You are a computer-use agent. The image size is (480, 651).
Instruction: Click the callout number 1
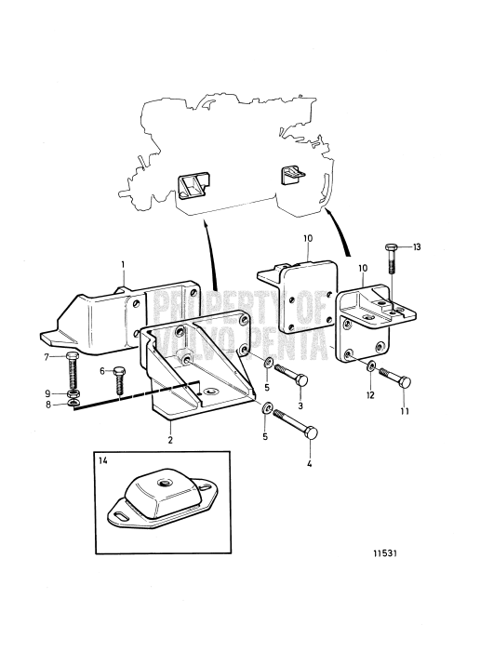click(123, 264)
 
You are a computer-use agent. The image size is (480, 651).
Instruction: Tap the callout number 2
click(170, 440)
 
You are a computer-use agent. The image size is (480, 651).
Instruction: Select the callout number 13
click(417, 247)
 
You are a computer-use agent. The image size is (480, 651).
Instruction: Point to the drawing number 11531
click(385, 553)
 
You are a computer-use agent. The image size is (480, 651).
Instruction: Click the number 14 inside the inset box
click(103, 461)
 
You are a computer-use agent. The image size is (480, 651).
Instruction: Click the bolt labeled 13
click(392, 259)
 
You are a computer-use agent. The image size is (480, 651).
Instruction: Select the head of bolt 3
click(301, 380)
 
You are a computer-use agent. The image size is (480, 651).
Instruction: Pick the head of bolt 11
click(404, 382)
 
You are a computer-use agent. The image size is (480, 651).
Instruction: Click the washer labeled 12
click(371, 366)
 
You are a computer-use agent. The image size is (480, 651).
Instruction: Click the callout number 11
click(405, 411)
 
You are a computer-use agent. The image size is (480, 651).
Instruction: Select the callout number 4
click(309, 463)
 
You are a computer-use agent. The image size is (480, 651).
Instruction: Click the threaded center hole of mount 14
click(161, 483)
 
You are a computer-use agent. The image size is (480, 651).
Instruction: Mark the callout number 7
click(47, 356)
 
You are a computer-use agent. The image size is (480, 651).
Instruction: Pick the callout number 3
click(300, 405)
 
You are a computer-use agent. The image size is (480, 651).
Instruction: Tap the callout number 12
click(370, 395)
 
